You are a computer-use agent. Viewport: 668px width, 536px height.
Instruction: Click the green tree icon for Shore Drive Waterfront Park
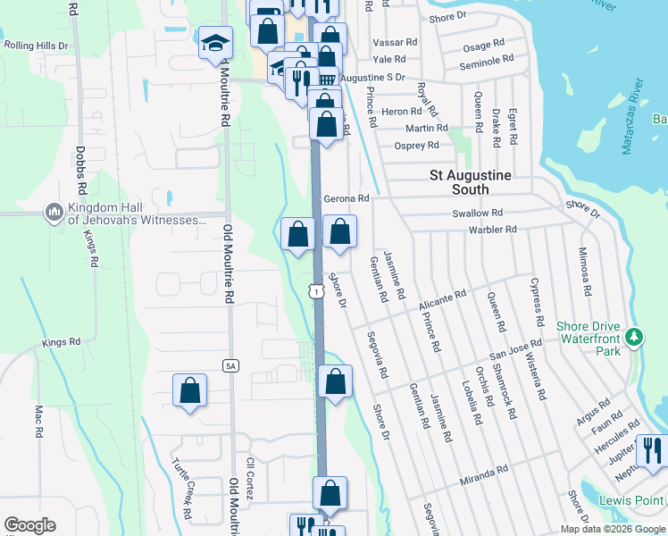point(634,337)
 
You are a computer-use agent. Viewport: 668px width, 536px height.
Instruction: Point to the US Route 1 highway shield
point(316,290)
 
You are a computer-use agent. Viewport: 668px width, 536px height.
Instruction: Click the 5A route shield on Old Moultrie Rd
point(230,364)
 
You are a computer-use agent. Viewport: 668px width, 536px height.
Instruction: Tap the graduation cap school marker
point(214,43)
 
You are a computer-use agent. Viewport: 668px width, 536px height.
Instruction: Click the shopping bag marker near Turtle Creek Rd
point(189,389)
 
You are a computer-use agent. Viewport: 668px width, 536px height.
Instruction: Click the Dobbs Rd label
point(79,172)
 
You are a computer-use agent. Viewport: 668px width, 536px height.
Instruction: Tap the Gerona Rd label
point(347,198)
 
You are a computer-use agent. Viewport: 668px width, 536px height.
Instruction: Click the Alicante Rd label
point(442,299)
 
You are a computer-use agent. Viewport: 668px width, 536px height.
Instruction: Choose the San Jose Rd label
point(516,348)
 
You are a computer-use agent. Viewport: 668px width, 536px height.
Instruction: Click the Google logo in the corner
point(29,524)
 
